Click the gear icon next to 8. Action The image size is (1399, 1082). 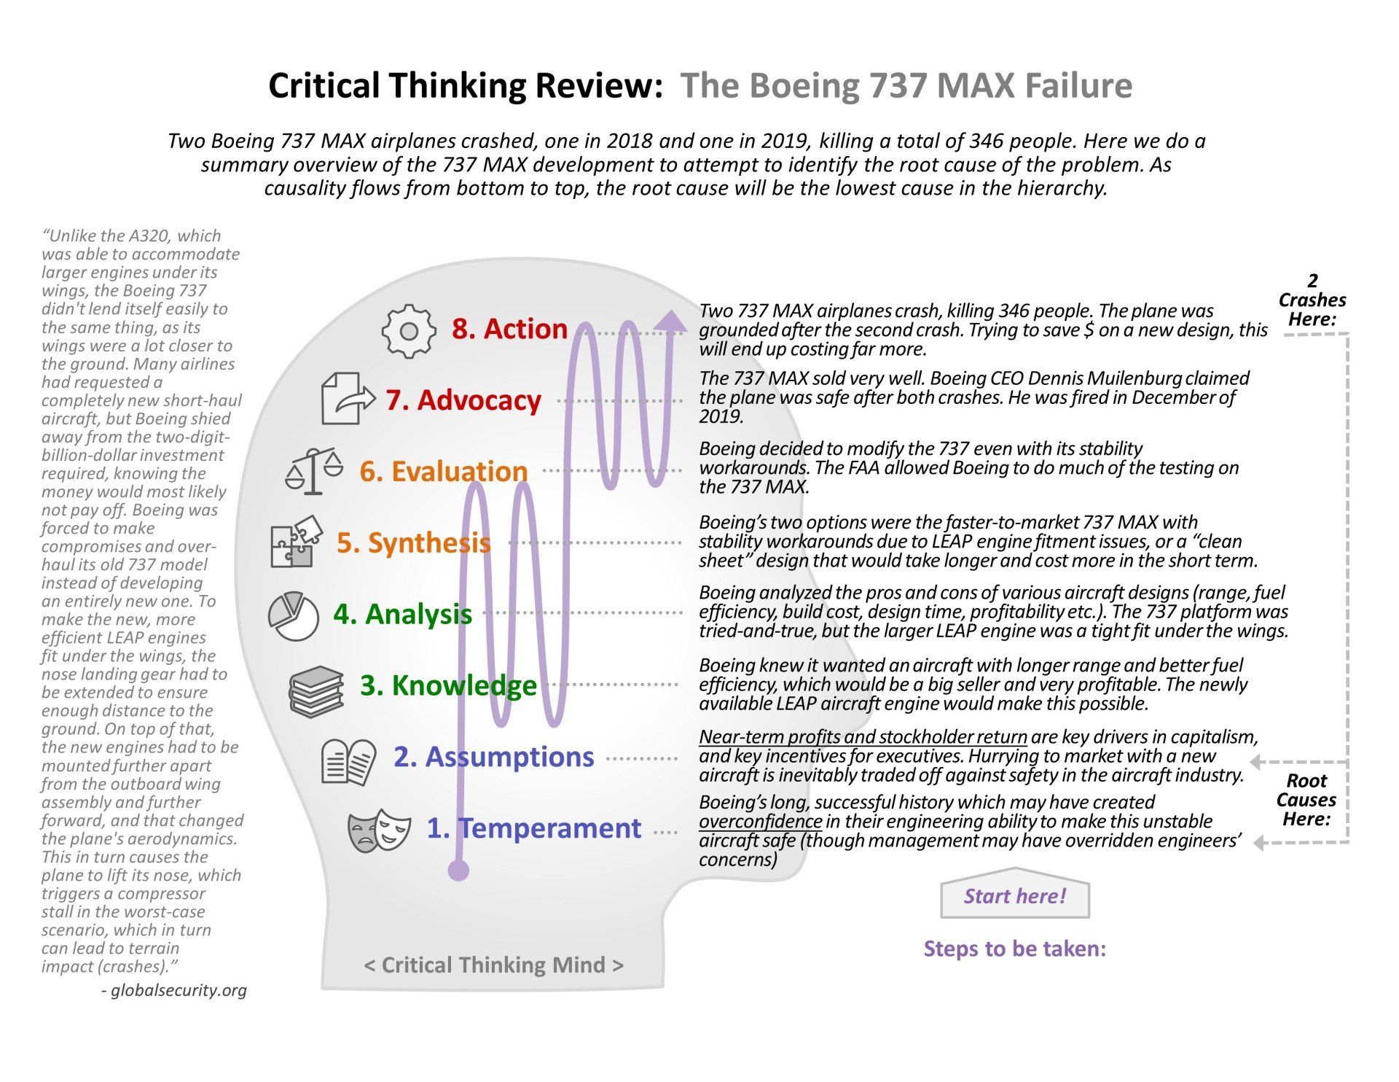[x=409, y=331]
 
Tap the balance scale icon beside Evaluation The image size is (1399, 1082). [x=314, y=471]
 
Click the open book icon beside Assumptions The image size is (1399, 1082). [x=349, y=762]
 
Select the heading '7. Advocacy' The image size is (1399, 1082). [x=463, y=400]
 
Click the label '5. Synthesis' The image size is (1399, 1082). [x=414, y=542]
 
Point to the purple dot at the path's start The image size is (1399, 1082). [x=458, y=870]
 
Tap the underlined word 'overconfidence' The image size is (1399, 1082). [x=760, y=822]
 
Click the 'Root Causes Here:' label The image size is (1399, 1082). [x=1306, y=800]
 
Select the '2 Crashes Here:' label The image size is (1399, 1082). [x=1312, y=300]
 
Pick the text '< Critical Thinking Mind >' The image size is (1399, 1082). [x=493, y=965]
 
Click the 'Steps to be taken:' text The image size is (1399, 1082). [x=1014, y=949]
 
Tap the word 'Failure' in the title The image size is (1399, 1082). [x=1078, y=85]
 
